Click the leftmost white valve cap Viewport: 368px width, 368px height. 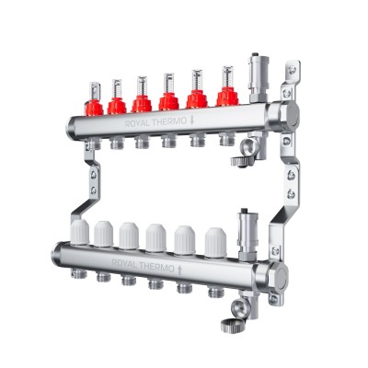[x=77, y=232]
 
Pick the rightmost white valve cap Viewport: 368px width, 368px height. [x=215, y=238]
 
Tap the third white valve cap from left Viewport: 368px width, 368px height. [x=129, y=235]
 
